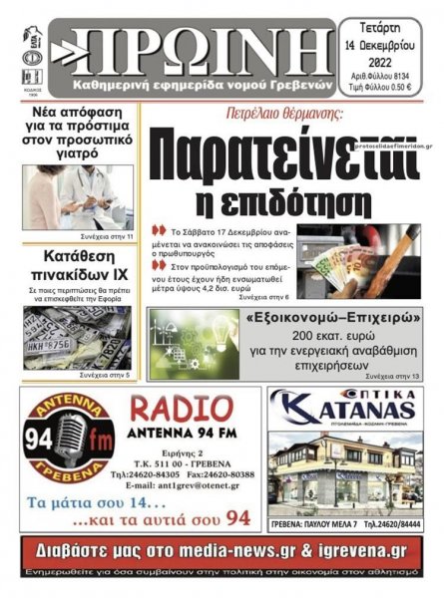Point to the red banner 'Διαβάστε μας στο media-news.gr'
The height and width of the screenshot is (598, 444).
point(222,551)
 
